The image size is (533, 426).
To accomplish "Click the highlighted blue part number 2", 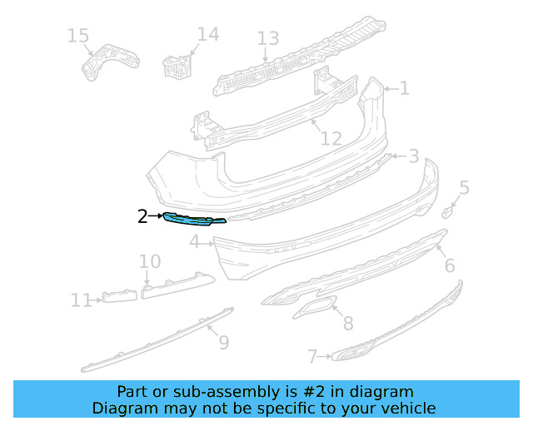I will pyautogui.click(x=194, y=220).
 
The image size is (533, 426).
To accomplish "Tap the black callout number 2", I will pyautogui.click(x=142, y=217).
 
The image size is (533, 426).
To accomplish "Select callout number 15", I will pyautogui.click(x=77, y=36).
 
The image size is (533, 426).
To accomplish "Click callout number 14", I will pyautogui.click(x=208, y=34).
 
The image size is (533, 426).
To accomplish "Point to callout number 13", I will pyautogui.click(x=267, y=38).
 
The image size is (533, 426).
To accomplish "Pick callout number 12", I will pyautogui.click(x=331, y=138).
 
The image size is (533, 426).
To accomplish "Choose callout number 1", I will pyautogui.click(x=404, y=88).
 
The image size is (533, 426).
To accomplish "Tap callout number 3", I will pyautogui.click(x=413, y=156).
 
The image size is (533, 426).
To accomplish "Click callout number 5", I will pyautogui.click(x=464, y=188).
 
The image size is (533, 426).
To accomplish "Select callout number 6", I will pyautogui.click(x=449, y=265).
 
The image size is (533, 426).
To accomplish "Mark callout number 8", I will pyautogui.click(x=348, y=324).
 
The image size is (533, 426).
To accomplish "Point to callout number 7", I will pyautogui.click(x=312, y=357).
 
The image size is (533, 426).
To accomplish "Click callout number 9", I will pyautogui.click(x=223, y=341).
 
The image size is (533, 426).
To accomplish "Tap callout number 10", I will pyautogui.click(x=150, y=262).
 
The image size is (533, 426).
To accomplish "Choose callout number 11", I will pyautogui.click(x=82, y=300).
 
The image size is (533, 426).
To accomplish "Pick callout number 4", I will pyautogui.click(x=194, y=242).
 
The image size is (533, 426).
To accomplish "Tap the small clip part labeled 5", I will pyautogui.click(x=447, y=211).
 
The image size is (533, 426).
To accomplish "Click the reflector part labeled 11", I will pyautogui.click(x=119, y=296).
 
